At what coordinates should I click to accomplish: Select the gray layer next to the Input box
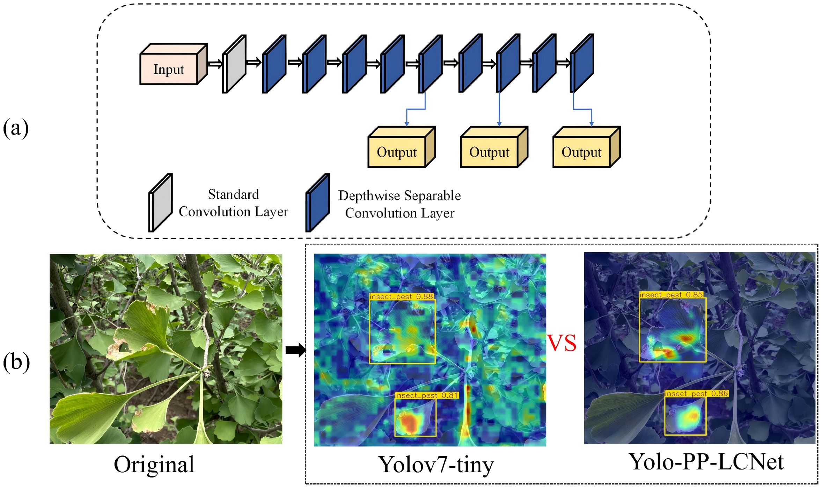[x=234, y=64]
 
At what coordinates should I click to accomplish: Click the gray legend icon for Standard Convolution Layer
[x=161, y=203]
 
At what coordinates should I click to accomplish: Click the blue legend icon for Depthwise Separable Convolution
[x=318, y=203]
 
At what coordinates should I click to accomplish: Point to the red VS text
[x=562, y=343]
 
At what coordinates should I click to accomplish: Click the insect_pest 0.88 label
[x=402, y=296]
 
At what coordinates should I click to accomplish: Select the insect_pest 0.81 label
[x=426, y=395]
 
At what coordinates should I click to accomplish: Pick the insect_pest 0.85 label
[x=671, y=295]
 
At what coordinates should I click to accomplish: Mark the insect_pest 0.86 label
[x=696, y=394]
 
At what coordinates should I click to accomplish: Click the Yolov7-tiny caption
[x=436, y=465]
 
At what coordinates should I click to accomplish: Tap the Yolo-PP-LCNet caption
[x=706, y=462]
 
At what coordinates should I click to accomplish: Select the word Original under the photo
[x=154, y=465]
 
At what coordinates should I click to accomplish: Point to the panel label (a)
[x=16, y=128]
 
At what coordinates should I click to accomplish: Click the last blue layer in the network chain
[x=582, y=63]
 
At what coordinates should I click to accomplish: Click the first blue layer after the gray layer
[x=274, y=64]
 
